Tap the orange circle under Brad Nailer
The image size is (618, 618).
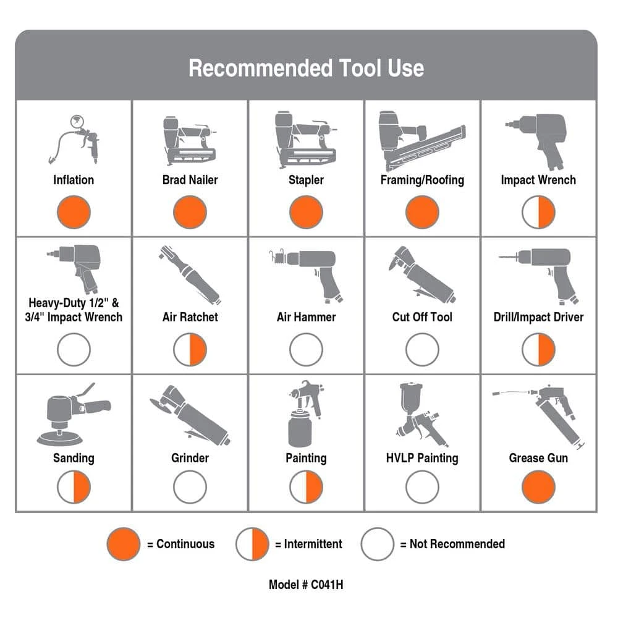[x=190, y=212]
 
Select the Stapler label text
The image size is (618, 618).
[x=306, y=180]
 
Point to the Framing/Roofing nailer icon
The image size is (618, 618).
[x=421, y=141]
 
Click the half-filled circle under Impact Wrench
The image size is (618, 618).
[x=538, y=212]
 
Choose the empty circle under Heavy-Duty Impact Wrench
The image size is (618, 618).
[x=74, y=350]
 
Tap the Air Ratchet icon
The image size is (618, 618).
[x=190, y=276]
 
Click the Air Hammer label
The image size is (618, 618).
[x=306, y=317]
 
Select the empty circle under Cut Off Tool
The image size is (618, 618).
[x=422, y=350]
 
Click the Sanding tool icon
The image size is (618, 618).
[x=73, y=414]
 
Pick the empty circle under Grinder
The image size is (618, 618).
[x=190, y=487]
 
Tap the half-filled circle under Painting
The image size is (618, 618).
[x=306, y=487]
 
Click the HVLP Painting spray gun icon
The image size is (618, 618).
[x=421, y=415]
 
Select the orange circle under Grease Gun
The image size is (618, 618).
[x=538, y=487]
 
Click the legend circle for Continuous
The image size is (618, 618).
[x=124, y=544]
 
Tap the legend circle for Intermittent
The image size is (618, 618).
[x=252, y=544]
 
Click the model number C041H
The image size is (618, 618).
[x=327, y=585]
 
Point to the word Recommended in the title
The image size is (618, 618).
[x=261, y=68]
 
